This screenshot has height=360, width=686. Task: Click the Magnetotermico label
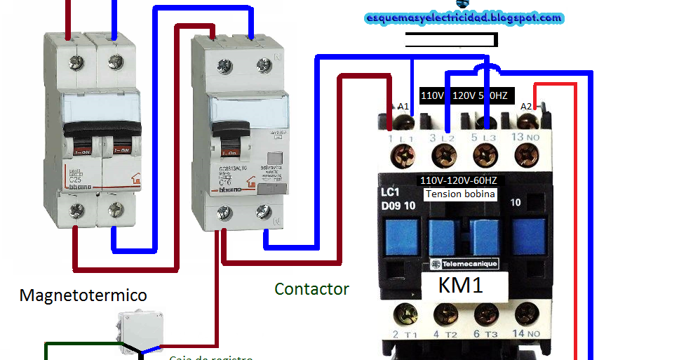[x=83, y=295]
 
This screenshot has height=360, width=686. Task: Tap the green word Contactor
[x=311, y=288]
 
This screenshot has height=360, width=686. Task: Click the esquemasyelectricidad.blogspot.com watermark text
[x=464, y=18]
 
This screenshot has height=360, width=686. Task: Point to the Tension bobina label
[x=460, y=194]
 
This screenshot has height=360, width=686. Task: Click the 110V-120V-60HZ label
[x=460, y=180]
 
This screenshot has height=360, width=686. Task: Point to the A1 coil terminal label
[x=403, y=106]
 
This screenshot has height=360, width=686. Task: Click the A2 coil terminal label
[x=525, y=106]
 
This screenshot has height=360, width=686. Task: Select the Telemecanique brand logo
[x=464, y=264]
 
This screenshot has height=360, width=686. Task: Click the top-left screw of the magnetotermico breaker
[x=75, y=63]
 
